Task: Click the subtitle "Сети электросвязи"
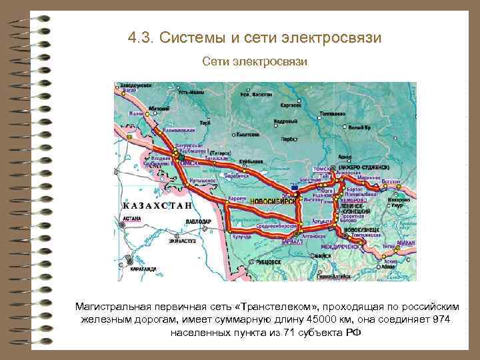pyautogui.click(x=255, y=61)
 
